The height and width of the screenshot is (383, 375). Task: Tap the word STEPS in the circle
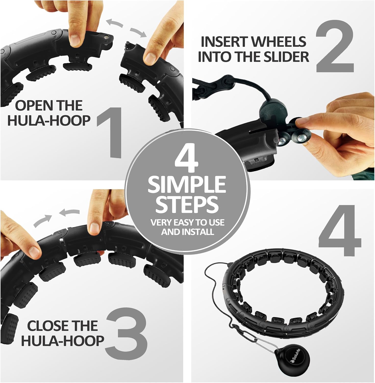coord(187,204)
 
